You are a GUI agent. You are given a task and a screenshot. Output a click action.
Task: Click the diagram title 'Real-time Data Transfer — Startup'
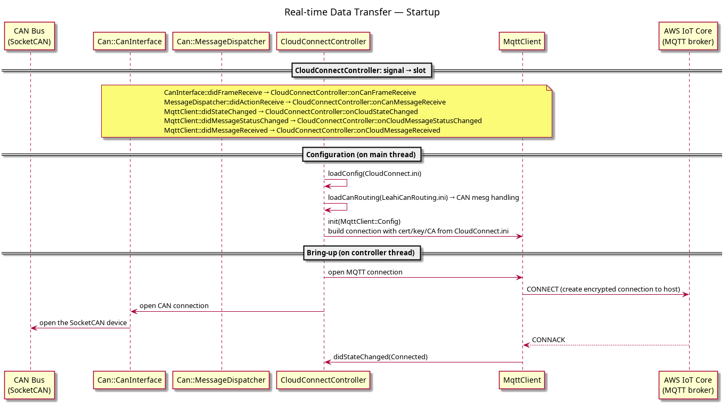(x=362, y=12)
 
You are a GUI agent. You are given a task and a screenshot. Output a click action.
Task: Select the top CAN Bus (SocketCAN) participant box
(x=29, y=36)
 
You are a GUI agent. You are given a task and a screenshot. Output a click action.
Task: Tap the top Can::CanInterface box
(x=129, y=42)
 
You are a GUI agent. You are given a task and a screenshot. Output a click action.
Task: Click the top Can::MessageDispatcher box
(x=221, y=42)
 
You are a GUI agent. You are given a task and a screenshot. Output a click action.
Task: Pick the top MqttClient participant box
(x=522, y=42)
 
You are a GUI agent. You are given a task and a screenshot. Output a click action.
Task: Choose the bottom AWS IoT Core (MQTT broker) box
(x=688, y=385)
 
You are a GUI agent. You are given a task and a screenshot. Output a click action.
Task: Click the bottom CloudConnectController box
(x=323, y=380)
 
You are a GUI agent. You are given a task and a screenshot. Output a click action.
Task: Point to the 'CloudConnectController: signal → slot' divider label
(x=362, y=70)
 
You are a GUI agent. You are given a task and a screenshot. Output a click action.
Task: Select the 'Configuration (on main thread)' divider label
(x=362, y=155)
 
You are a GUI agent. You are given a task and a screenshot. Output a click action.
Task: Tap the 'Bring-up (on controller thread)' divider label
(x=362, y=253)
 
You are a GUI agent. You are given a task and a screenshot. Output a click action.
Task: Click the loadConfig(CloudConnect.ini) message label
(x=374, y=173)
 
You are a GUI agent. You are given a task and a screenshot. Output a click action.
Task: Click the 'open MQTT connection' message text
(x=365, y=272)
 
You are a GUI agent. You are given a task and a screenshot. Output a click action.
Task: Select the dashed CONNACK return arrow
(x=606, y=345)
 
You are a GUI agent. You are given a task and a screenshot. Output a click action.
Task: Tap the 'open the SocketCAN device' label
(x=83, y=322)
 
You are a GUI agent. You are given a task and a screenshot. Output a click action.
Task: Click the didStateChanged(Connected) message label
(x=380, y=357)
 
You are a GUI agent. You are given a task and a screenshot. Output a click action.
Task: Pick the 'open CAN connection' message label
(x=174, y=306)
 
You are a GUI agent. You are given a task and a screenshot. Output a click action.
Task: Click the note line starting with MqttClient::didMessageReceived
(x=302, y=131)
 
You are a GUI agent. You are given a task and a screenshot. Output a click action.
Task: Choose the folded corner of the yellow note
(x=549, y=88)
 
